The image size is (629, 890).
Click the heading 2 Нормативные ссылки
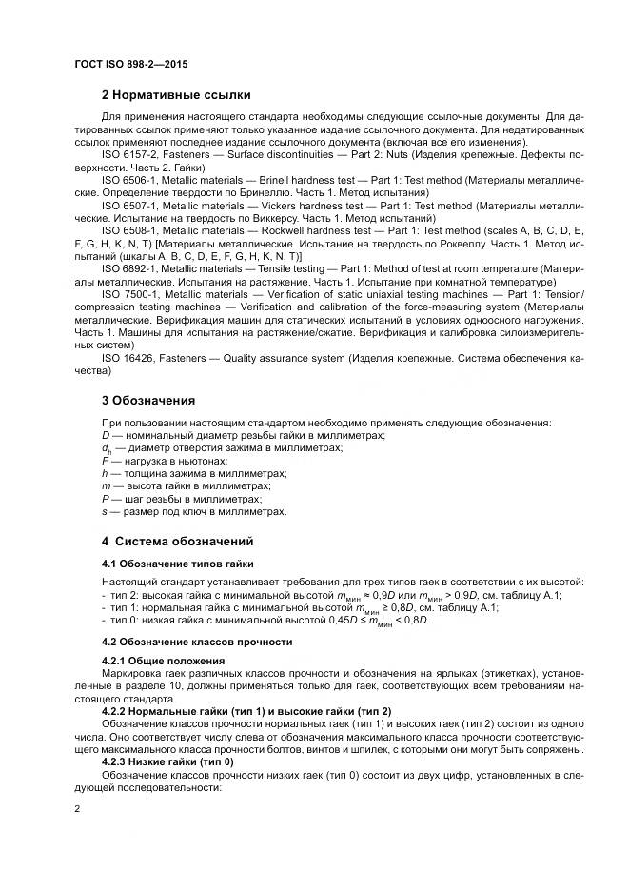point(176,95)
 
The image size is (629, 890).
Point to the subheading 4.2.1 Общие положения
point(163,661)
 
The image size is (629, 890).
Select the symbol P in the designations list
point(104,498)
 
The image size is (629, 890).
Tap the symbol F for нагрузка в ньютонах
point(104,460)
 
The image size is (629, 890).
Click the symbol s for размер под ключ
point(104,511)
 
